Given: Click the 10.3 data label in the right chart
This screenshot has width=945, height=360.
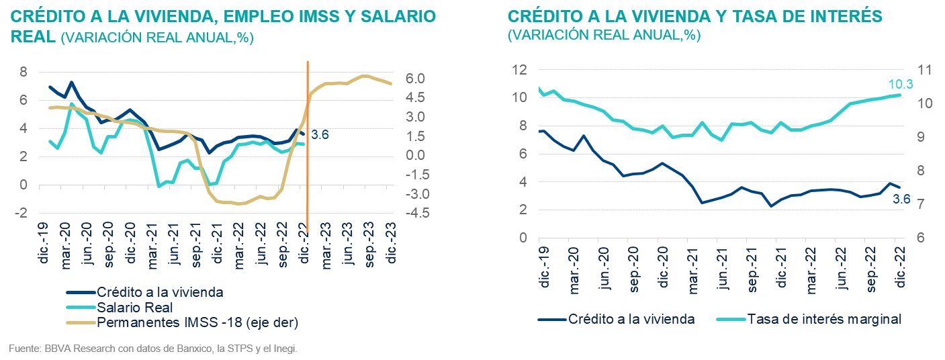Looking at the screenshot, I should point(895,84).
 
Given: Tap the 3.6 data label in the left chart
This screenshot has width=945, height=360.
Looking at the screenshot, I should point(320,135).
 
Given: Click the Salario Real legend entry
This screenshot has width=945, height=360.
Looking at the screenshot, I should point(134,308).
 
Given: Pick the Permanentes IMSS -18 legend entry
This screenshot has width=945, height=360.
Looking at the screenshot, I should point(197,322).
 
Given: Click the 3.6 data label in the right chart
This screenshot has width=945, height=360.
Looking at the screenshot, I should point(901,198).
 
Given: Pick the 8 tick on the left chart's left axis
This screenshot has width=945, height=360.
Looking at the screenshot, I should point(24,72).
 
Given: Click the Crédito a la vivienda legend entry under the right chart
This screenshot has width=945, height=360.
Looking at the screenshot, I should point(630,319).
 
